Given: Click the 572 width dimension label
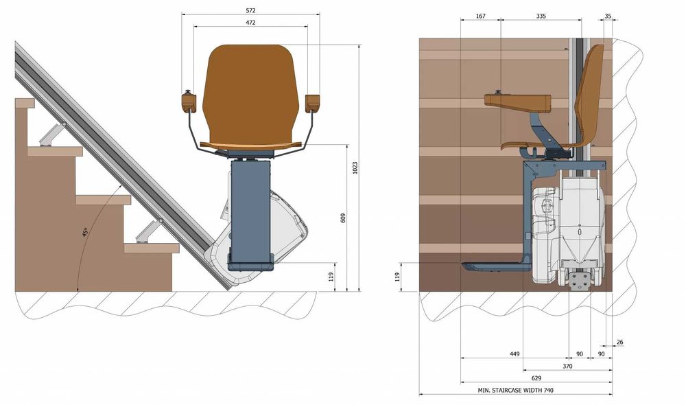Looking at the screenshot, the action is point(250,10).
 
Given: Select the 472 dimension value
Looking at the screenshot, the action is point(250,23).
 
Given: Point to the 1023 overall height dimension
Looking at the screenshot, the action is point(355,167).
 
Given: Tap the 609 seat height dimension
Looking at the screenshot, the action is point(342,218).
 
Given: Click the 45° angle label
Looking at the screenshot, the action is point(85,232).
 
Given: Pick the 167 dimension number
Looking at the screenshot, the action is point(480,16).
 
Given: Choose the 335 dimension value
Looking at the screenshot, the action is point(541,16).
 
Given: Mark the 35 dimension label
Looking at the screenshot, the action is point(608,16).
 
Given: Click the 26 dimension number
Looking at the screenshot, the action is point(619,342).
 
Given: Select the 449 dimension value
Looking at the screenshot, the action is point(514,354).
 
